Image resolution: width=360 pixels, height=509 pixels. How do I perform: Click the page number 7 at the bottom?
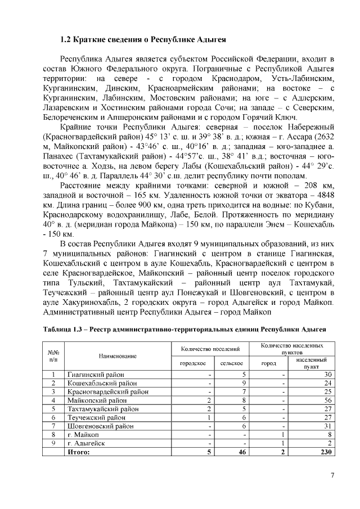(332, 476)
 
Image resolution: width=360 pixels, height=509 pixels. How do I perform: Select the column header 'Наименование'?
(118, 356)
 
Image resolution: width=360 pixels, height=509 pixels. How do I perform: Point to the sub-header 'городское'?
(193, 363)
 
